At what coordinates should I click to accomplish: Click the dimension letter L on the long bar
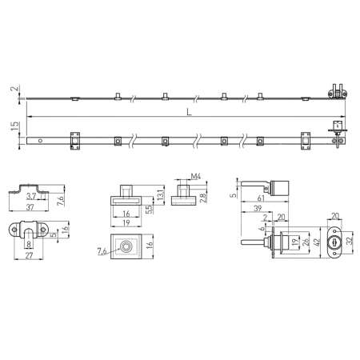(x=189, y=112)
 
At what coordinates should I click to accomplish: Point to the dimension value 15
(x=15, y=126)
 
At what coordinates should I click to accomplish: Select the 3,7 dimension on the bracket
(x=31, y=197)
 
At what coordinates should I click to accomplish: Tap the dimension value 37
(x=30, y=207)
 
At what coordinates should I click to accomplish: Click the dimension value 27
(x=29, y=255)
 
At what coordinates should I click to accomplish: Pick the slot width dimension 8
(x=29, y=244)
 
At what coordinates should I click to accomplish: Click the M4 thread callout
(x=196, y=176)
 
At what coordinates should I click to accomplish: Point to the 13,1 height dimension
(x=160, y=194)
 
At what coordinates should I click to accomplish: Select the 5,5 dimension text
(x=150, y=210)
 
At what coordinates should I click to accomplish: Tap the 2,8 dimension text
(x=203, y=198)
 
